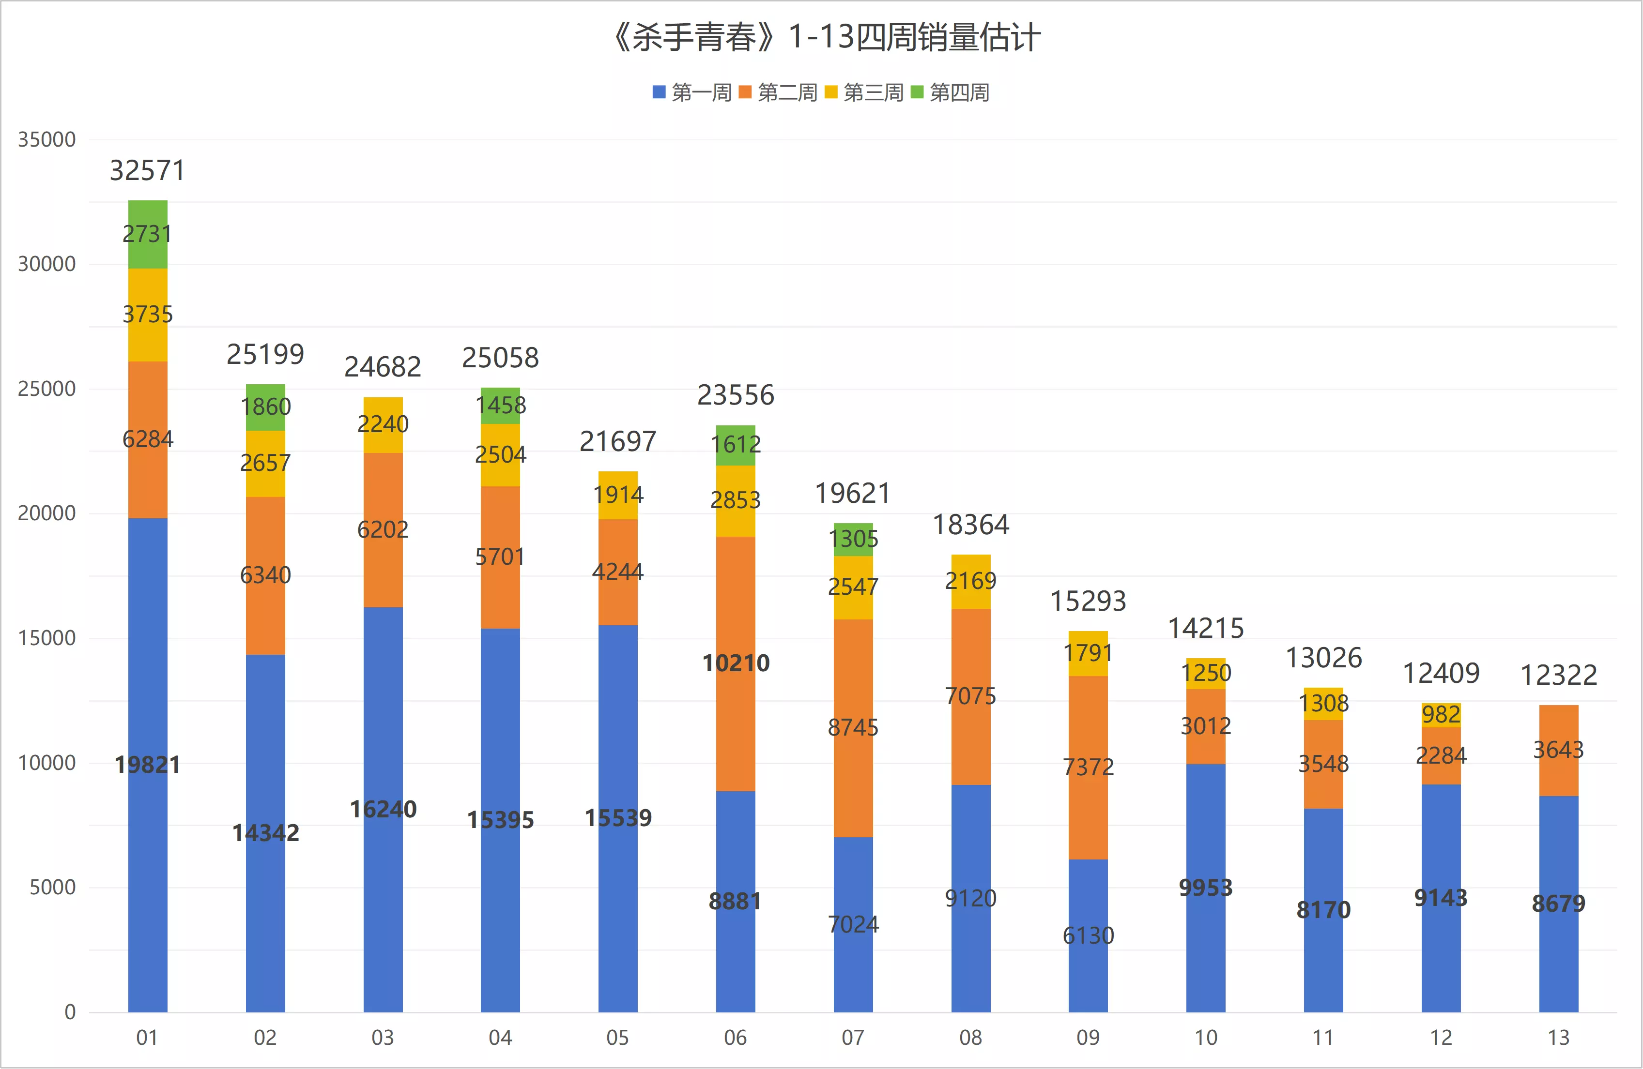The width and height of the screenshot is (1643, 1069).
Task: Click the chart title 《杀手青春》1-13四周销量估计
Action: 825,37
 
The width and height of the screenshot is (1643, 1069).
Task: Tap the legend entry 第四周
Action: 951,92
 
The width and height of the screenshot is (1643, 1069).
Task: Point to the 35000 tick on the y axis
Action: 47,139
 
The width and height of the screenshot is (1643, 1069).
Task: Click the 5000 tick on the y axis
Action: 52,887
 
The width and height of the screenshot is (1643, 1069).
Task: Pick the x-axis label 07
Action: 853,1037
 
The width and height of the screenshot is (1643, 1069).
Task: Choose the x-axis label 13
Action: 1559,1037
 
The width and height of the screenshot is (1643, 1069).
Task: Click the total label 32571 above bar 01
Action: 148,170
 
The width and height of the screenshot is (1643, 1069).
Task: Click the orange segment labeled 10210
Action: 736,664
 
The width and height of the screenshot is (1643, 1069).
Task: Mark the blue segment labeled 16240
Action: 383,810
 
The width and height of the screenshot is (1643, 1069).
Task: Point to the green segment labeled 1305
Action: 853,540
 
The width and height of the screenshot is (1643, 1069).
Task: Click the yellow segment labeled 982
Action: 1442,715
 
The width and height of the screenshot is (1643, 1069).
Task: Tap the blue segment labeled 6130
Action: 1089,936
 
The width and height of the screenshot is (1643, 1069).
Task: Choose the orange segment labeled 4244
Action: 618,572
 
